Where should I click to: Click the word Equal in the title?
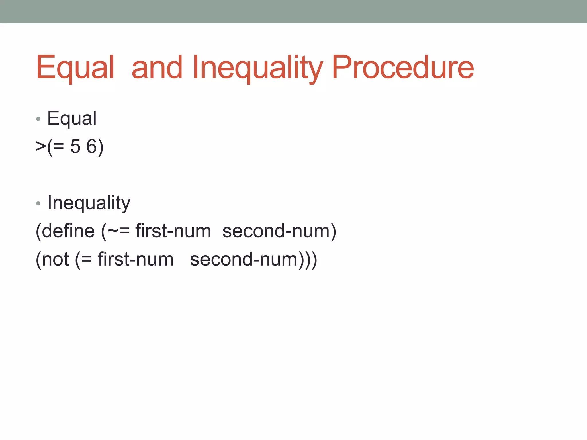coord(75,68)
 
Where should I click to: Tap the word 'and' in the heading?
coord(157,68)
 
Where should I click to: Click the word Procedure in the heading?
coord(403,68)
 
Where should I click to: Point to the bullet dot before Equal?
coord(38,119)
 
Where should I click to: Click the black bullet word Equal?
coord(72,118)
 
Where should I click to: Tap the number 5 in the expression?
coord(75,146)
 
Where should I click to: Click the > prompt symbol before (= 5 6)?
coord(41,146)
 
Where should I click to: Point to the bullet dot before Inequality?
coord(38,203)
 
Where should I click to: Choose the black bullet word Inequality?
coord(89,203)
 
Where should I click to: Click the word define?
coord(68,231)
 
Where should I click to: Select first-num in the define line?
coord(173,231)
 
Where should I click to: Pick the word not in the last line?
coord(55,259)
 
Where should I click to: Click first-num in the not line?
coord(136,259)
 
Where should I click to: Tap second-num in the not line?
coord(244,259)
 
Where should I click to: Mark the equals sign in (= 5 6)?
coord(59,147)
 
